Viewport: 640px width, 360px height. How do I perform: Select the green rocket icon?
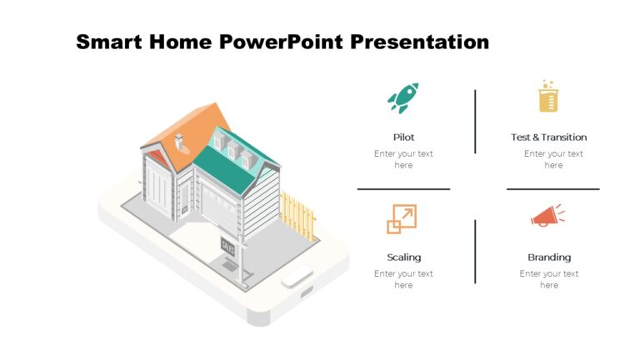pyautogui.click(x=403, y=97)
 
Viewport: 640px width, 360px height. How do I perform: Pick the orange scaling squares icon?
pyautogui.click(x=402, y=218)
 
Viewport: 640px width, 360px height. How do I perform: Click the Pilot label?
pyautogui.click(x=403, y=137)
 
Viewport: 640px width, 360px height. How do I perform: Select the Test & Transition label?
pyautogui.click(x=548, y=137)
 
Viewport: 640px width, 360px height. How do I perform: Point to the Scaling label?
pyautogui.click(x=403, y=257)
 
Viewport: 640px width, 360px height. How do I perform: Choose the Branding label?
pyautogui.click(x=549, y=257)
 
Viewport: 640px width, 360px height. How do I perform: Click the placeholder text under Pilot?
pyautogui.click(x=403, y=159)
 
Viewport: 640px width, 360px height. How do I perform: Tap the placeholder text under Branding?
pyautogui.click(x=549, y=279)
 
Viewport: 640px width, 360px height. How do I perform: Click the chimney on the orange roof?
pyautogui.click(x=181, y=142)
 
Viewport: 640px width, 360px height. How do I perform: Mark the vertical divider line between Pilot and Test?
pyautogui.click(x=475, y=122)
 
